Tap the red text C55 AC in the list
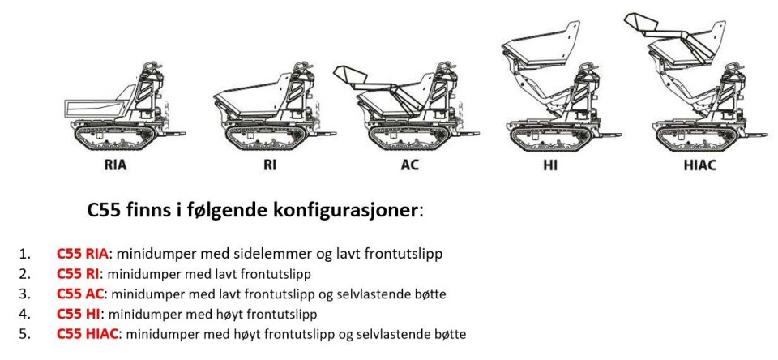(x=79, y=294)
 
